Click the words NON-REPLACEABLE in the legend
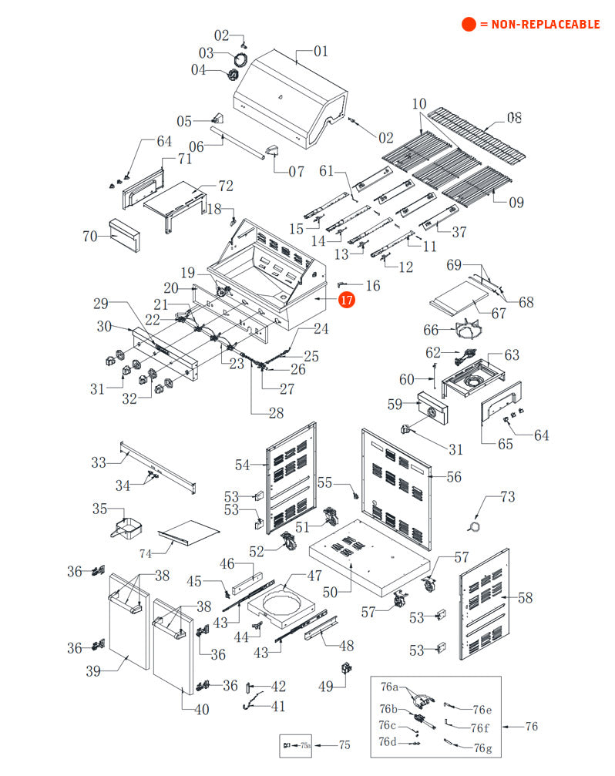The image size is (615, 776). (539, 25)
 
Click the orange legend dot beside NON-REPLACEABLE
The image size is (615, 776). (469, 25)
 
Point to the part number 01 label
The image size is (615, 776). (321, 52)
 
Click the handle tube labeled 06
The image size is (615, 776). (243, 146)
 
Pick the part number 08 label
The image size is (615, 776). (514, 118)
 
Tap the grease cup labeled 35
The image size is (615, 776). (129, 529)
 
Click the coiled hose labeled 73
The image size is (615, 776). (475, 526)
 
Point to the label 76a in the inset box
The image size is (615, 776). (390, 686)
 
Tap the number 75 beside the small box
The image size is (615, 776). (344, 745)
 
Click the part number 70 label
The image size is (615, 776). (90, 236)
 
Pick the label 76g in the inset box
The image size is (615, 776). (482, 747)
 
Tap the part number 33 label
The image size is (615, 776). (98, 462)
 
